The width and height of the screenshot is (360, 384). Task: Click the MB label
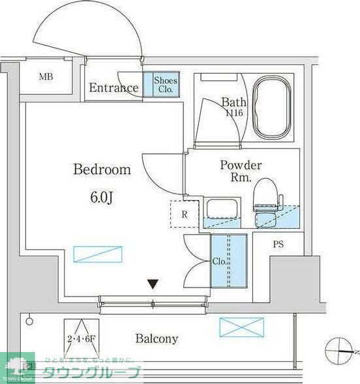(x=45, y=77)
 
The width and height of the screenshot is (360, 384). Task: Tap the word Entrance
(x=113, y=88)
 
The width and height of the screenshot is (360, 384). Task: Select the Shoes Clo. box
(x=164, y=85)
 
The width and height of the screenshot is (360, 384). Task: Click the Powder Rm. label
(x=241, y=171)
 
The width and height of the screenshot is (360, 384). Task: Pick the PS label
(x=278, y=245)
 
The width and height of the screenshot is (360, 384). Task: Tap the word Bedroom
(x=102, y=170)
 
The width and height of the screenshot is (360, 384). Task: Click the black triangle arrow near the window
(x=153, y=284)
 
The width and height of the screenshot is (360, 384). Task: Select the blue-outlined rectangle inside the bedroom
(x=98, y=254)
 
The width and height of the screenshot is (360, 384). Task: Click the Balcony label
(x=157, y=338)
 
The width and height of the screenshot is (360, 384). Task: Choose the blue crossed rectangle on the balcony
(x=241, y=327)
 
